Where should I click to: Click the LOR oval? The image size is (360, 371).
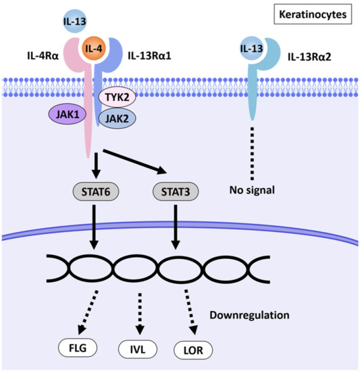coord(194,350)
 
